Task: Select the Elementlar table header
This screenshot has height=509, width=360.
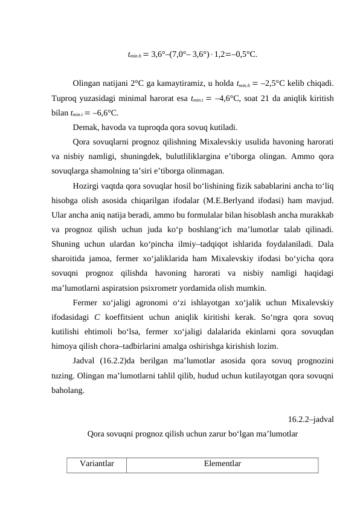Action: coord(222,464)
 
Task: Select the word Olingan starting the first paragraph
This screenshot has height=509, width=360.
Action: coord(87,83)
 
